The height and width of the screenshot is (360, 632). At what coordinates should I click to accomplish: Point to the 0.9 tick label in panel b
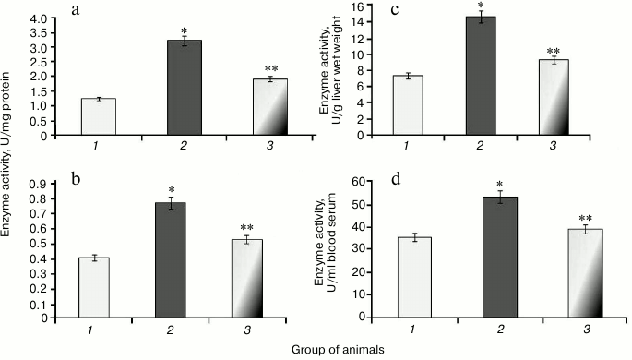(38, 185)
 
